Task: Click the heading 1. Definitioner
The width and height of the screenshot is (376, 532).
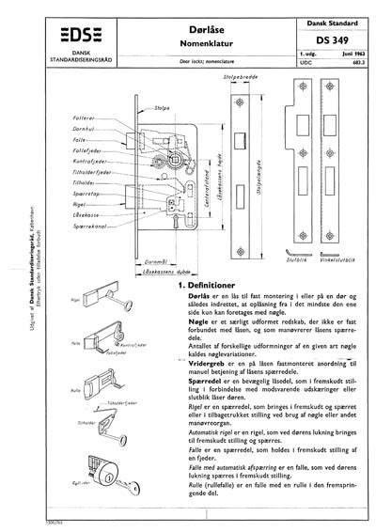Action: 205,284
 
